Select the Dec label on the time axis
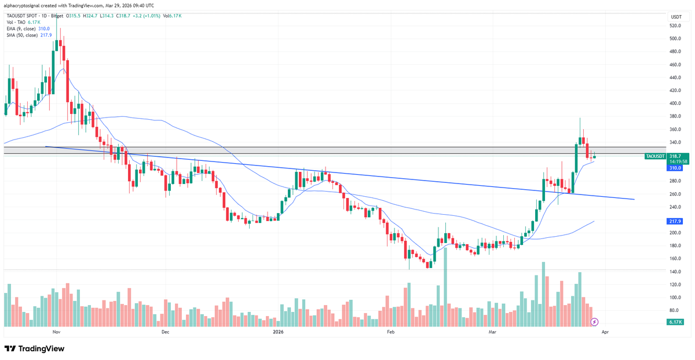[165, 332]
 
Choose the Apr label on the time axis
[605, 332]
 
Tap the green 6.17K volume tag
[675, 322]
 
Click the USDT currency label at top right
[675, 17]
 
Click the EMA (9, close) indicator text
[21, 28]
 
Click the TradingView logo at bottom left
[35, 349]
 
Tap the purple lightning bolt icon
[594, 321]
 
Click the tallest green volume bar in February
[445, 289]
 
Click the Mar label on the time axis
[493, 332]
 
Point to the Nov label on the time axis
[56, 332]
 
